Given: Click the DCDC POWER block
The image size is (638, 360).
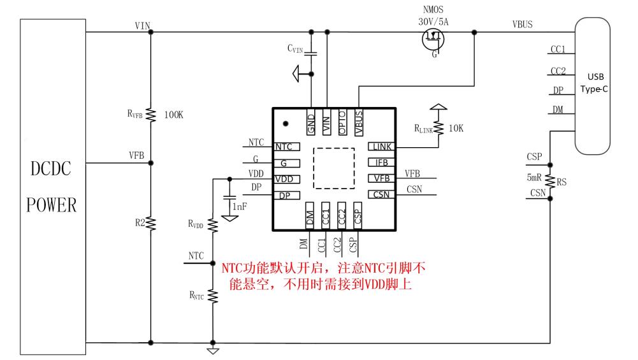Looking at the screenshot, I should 54,185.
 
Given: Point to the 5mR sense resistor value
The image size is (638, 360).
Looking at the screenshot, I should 535,178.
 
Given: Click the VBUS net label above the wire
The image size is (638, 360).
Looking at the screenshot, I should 523,24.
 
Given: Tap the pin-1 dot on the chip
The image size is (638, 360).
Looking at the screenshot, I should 286,123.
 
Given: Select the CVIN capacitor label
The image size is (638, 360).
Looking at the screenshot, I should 296,47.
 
